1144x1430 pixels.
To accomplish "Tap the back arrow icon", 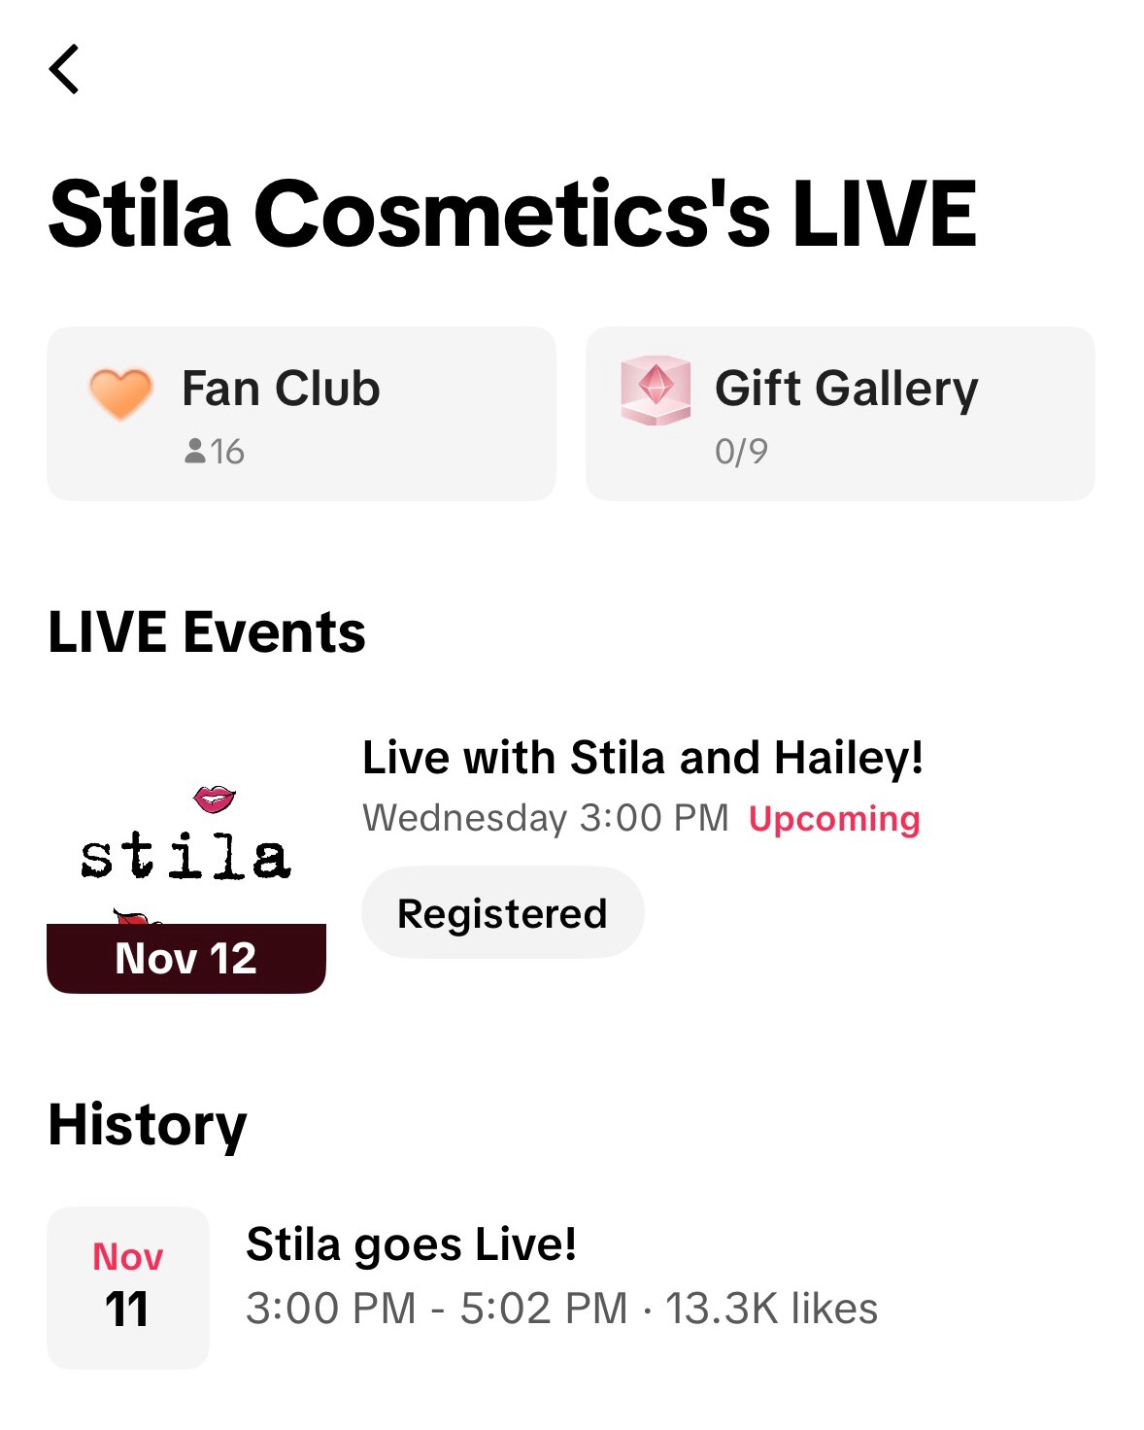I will pos(64,69).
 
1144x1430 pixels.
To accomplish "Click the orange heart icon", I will pos(120,393).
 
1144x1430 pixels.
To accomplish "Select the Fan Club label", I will pos(281,389).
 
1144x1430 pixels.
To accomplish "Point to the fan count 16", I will pos(215,452).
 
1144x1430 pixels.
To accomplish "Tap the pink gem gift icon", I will pos(656,390).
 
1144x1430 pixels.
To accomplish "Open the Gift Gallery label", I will pos(846,389).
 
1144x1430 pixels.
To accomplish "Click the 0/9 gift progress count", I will pos(741,452).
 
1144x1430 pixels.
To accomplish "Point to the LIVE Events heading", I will pos(207,632).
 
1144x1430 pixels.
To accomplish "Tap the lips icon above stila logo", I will pos(215,800).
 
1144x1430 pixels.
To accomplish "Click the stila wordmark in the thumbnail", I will pos(185,856).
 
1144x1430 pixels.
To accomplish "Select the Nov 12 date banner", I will pos(185,959).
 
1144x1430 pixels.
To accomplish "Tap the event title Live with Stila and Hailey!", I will pos(642,758).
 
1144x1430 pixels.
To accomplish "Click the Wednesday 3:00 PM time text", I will pos(545,818).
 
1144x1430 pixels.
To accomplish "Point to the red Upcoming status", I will pos(834,819).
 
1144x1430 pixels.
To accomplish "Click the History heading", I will pos(148,1125).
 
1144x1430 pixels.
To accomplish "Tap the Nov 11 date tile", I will pos(128,1287).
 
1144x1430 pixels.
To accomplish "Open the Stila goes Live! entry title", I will pos(411,1244).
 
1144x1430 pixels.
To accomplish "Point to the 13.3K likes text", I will pos(771,1309).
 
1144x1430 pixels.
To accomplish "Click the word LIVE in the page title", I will pos(884,214).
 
